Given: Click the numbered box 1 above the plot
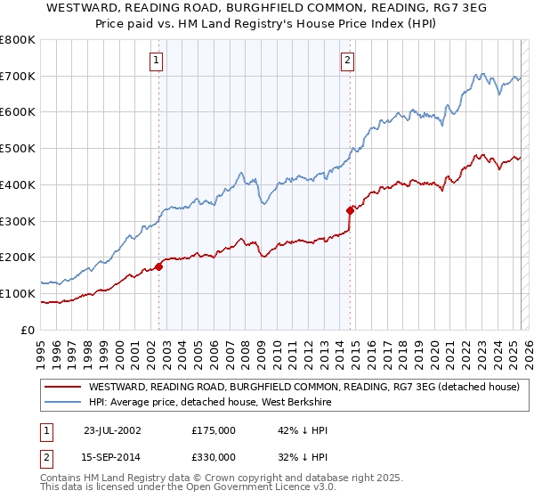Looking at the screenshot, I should coord(156,61).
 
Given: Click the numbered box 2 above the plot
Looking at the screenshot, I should coord(346,61).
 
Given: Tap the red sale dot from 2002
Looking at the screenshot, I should coord(159,266).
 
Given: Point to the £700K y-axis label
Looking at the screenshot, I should coord(18,77).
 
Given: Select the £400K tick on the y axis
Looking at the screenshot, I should coord(18,185).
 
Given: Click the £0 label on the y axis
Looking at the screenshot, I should coord(27,330).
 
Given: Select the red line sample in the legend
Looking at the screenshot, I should coord(62,388).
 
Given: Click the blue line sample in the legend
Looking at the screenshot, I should coord(62,403).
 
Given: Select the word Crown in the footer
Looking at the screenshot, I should coord(201,479).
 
